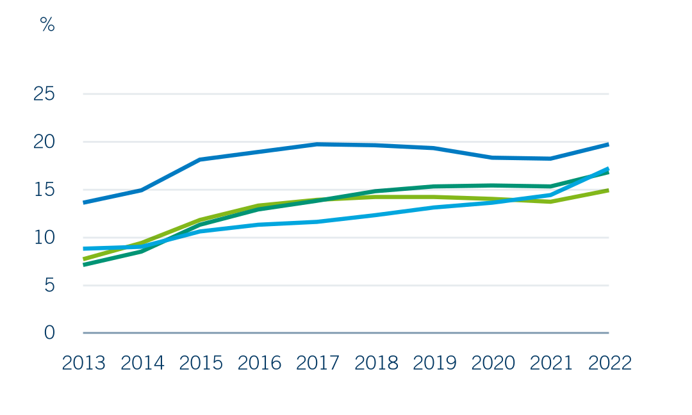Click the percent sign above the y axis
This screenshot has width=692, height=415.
click(47, 25)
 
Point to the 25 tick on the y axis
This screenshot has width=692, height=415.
click(44, 94)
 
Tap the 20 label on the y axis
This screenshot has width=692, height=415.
click(44, 142)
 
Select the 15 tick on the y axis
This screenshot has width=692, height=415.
click(44, 190)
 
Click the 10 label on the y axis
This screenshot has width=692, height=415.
click(44, 238)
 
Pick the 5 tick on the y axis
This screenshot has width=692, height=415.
click(49, 286)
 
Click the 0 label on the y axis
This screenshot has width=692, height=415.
click(49, 333)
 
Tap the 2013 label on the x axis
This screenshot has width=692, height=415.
click(84, 363)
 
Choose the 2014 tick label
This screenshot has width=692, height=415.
click(142, 363)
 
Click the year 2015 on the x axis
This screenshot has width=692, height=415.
click(201, 363)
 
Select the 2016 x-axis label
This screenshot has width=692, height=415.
click(259, 363)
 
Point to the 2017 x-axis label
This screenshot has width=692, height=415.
click(318, 363)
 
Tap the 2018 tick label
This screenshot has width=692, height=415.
click(377, 363)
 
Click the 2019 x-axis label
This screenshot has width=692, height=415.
click(434, 363)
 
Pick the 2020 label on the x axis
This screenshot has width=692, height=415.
click(493, 363)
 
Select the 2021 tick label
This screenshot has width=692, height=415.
click(551, 363)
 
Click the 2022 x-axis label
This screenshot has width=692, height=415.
click(610, 363)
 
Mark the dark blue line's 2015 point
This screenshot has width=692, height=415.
click(201, 159)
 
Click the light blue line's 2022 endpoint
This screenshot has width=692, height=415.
click(608, 169)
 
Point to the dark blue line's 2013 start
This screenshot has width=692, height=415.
click(84, 202)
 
